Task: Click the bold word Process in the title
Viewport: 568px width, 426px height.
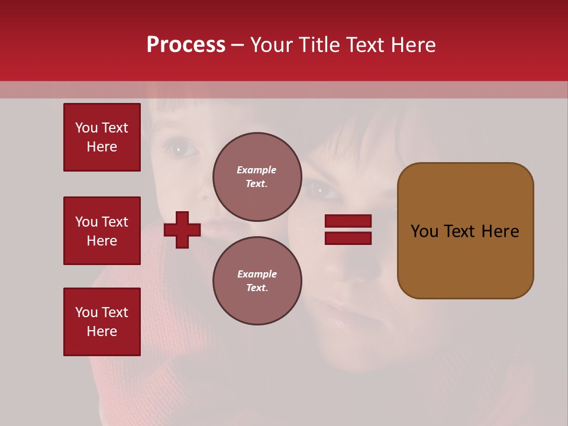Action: pyautogui.click(x=186, y=45)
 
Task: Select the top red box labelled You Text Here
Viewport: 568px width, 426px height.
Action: pyautogui.click(x=102, y=137)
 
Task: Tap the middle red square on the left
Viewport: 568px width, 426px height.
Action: pyautogui.click(x=102, y=231)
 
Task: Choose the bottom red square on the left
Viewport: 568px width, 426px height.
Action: pyautogui.click(x=102, y=322)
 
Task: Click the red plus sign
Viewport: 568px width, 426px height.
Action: pyautogui.click(x=182, y=230)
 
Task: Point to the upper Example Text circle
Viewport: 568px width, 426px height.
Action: pyautogui.click(x=257, y=176)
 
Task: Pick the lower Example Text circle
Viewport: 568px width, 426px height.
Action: pyautogui.click(x=257, y=280)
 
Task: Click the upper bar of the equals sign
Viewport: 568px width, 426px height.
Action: pyautogui.click(x=348, y=221)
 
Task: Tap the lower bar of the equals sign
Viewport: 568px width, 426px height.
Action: pyautogui.click(x=348, y=238)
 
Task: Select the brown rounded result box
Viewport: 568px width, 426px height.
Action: pyautogui.click(x=465, y=231)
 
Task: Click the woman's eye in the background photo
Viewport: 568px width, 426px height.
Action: pyautogui.click(x=321, y=191)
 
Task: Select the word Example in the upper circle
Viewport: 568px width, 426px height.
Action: pyautogui.click(x=256, y=170)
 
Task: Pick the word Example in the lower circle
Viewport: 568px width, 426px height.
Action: pyautogui.click(x=257, y=274)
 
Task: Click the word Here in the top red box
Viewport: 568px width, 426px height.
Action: pyautogui.click(x=102, y=147)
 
